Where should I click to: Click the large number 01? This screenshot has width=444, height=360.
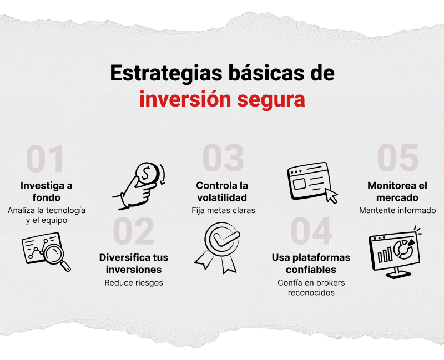coord(46,159)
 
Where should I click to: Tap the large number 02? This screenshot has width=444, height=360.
coord(134,231)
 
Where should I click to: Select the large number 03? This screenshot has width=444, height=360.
coord(223,159)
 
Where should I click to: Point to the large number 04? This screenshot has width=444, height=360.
coord(311,231)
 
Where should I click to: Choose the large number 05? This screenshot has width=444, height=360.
coord(398,159)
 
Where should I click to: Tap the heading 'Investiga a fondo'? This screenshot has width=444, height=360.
coord(47,191)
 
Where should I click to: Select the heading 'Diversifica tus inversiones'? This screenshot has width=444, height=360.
coord(134,263)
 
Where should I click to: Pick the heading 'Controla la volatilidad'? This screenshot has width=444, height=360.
coord(222,191)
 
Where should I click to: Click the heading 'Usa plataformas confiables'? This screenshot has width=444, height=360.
coord(311,263)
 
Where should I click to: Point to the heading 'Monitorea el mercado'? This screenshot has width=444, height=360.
coord(397,191)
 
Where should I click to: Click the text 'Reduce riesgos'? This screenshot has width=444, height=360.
coord(134,282)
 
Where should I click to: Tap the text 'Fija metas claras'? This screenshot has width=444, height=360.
coord(222,210)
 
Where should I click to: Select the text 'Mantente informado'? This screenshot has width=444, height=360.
coord(397,210)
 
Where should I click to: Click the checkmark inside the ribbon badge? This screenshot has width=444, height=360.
coord(223,239)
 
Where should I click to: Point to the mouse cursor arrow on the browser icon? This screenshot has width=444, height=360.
coord(331,196)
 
